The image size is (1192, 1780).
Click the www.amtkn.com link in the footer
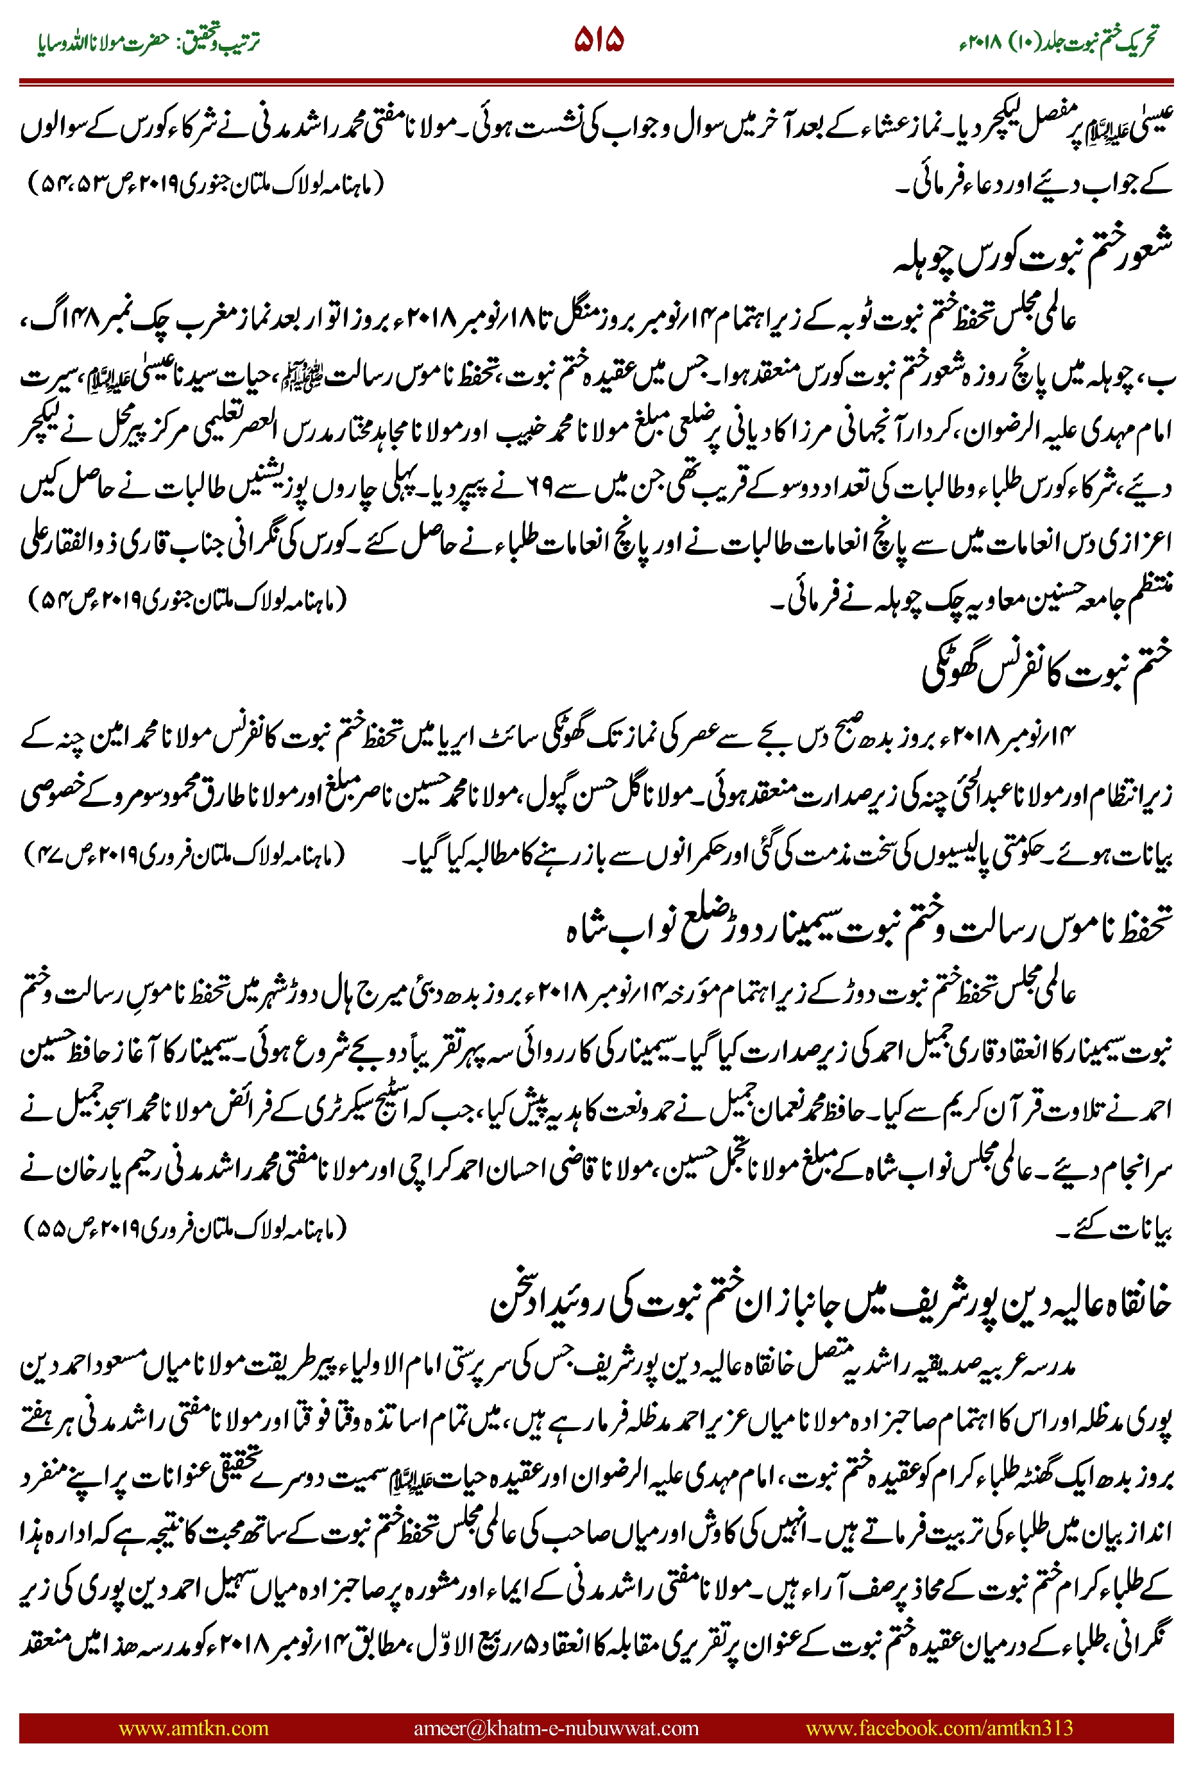[x=194, y=1727]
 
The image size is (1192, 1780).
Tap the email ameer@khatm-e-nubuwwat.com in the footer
[x=556, y=1727]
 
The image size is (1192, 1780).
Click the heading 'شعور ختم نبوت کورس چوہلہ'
[x=1032, y=254]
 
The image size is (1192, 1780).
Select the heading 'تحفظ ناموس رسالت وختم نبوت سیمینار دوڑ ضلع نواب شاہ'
[x=868, y=928]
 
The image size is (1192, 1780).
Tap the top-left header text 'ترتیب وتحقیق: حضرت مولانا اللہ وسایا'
[x=149, y=41]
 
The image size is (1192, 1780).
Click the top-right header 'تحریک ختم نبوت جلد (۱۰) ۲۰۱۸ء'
[x=1058, y=41]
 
